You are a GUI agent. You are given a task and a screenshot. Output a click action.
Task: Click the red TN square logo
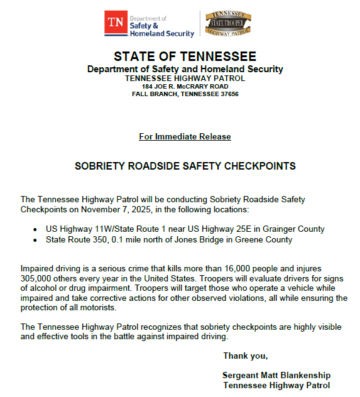(115, 23)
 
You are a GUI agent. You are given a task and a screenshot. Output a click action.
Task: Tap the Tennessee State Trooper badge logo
(227, 23)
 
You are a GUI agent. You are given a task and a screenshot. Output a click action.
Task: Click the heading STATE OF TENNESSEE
(185, 57)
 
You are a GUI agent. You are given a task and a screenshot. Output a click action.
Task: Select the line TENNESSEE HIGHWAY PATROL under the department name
(185, 78)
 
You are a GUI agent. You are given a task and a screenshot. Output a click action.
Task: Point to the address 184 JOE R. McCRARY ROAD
(185, 86)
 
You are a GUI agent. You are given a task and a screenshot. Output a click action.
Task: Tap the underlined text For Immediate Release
(185, 136)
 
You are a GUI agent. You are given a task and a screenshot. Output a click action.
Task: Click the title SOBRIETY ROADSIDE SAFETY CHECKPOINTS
(185, 166)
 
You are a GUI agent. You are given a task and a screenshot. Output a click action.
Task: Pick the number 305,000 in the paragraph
(40, 278)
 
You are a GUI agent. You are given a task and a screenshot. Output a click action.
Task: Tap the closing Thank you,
(245, 356)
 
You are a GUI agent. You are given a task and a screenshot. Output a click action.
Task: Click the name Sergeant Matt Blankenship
(276, 375)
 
